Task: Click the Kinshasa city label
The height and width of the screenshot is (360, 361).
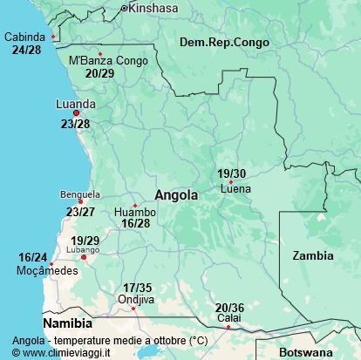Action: pyautogui.click(x=153, y=8)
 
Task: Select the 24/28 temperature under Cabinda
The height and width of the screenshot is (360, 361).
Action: pyautogui.click(x=26, y=50)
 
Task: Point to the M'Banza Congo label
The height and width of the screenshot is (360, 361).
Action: pyautogui.click(x=109, y=61)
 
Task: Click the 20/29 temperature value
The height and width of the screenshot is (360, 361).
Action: pyautogui.click(x=100, y=73)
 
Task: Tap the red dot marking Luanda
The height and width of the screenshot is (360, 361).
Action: pyautogui.click(x=76, y=113)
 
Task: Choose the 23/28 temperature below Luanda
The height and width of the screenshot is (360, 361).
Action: pyautogui.click(x=76, y=125)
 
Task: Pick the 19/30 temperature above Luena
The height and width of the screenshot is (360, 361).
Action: pyautogui.click(x=231, y=173)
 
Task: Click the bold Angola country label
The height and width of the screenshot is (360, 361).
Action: pyautogui.click(x=176, y=195)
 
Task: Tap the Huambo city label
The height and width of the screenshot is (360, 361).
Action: pyautogui.click(x=135, y=212)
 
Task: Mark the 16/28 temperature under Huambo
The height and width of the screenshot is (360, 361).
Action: pyautogui.click(x=136, y=224)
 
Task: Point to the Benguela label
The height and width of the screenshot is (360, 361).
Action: pyautogui.click(x=80, y=194)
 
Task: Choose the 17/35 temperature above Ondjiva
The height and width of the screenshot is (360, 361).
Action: pyautogui.click(x=137, y=288)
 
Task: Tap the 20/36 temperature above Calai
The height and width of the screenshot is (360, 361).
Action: pyautogui.click(x=229, y=307)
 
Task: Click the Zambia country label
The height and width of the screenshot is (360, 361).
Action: pyautogui.click(x=313, y=255)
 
